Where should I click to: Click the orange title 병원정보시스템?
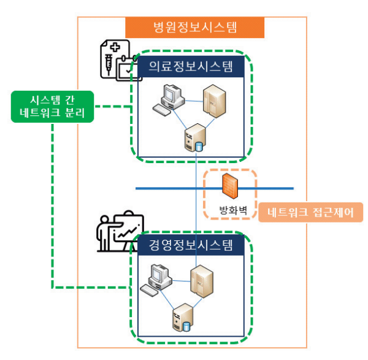click(x=195, y=27)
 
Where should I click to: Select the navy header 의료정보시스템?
click(x=191, y=66)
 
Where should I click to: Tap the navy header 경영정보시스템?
click(x=191, y=245)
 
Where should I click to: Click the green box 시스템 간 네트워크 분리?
click(x=52, y=107)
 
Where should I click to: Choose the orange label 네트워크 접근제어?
click(x=310, y=212)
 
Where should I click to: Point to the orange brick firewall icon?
click(x=230, y=186)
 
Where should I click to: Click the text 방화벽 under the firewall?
click(x=233, y=210)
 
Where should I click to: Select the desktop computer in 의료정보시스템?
click(x=169, y=100)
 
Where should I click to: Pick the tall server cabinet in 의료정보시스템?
click(x=214, y=101)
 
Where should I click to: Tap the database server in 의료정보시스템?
click(x=195, y=137)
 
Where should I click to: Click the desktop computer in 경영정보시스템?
click(x=156, y=280)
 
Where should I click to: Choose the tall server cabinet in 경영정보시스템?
click(x=202, y=281)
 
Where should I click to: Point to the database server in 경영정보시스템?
click(x=183, y=317)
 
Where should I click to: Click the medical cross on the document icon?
click(x=115, y=47)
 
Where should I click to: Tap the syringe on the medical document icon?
click(x=109, y=64)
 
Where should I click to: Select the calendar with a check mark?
click(x=128, y=68)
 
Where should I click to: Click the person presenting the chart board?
click(x=104, y=233)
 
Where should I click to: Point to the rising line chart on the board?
click(x=128, y=233)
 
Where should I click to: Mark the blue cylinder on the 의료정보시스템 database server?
click(x=199, y=147)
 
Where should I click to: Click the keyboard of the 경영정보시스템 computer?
click(x=149, y=290)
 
